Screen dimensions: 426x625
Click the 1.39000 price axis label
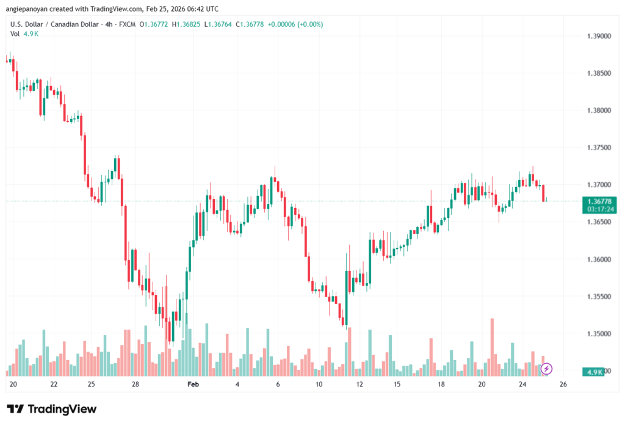coord(598,36)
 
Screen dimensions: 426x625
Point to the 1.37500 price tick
coord(598,148)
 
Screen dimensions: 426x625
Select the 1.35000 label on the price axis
coord(598,334)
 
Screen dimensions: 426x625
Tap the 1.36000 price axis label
coord(598,259)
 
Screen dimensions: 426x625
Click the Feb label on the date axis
coord(193,384)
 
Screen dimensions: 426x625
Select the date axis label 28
coord(135,384)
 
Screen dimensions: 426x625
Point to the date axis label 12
coord(360,384)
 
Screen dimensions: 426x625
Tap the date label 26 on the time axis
coord(563,384)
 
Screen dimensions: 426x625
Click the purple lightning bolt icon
coord(547,369)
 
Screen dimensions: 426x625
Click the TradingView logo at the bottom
coord(52,409)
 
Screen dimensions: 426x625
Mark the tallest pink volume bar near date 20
coord(491,345)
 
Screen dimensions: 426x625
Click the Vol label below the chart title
coord(15,34)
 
